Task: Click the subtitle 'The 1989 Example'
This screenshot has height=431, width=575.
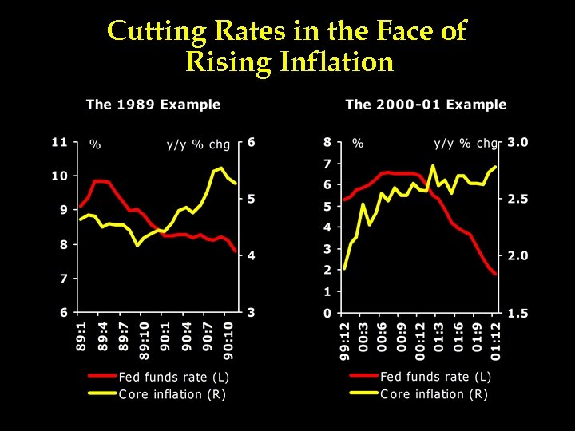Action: coord(153,105)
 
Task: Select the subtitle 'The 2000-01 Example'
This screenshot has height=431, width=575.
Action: coord(426,105)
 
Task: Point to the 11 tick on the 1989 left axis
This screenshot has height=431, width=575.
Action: coord(59,142)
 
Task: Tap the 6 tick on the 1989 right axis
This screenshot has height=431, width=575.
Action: coord(252,142)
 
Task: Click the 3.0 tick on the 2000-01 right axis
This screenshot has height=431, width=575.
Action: coord(517,142)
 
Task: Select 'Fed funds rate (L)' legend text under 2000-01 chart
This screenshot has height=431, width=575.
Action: coord(436,377)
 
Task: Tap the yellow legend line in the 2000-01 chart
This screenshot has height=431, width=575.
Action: coord(363,393)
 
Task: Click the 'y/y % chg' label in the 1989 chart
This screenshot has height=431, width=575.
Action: coord(198,144)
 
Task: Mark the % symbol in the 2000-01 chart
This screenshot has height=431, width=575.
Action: coord(358,144)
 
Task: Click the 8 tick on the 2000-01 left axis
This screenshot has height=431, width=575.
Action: coord(327,142)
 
